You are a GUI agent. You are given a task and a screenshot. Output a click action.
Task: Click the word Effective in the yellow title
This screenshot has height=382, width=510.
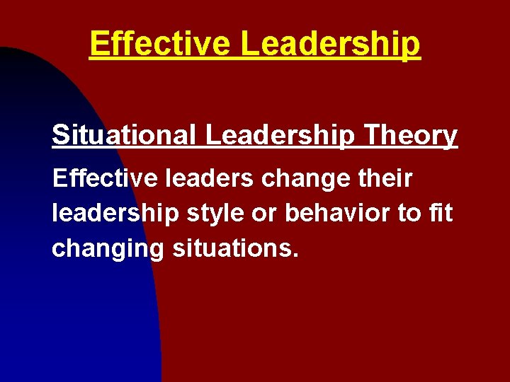(161, 44)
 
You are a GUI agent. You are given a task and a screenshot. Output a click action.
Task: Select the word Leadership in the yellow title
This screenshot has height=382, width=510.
(330, 44)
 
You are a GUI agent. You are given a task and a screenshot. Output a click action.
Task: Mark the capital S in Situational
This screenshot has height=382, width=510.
(59, 134)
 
